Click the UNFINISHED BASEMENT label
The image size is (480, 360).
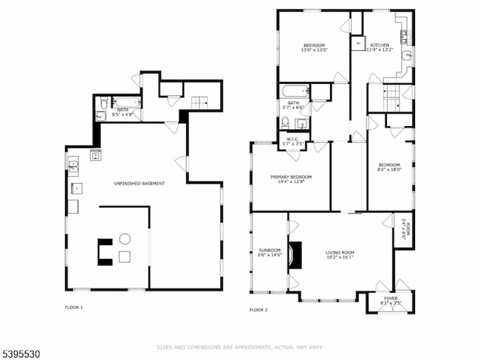tap(139, 183)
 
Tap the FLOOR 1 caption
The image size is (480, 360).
tap(75, 307)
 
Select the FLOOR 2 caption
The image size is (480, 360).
tap(258, 310)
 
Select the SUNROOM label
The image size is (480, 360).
tap(269, 251)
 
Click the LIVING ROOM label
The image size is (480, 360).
tap(340, 252)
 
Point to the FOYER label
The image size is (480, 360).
tap(391, 298)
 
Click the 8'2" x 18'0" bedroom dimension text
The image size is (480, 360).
tap(389, 170)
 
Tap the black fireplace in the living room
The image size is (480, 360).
tap(295, 255)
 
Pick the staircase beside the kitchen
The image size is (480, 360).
tap(390, 93)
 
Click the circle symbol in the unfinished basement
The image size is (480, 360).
tap(125, 238)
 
